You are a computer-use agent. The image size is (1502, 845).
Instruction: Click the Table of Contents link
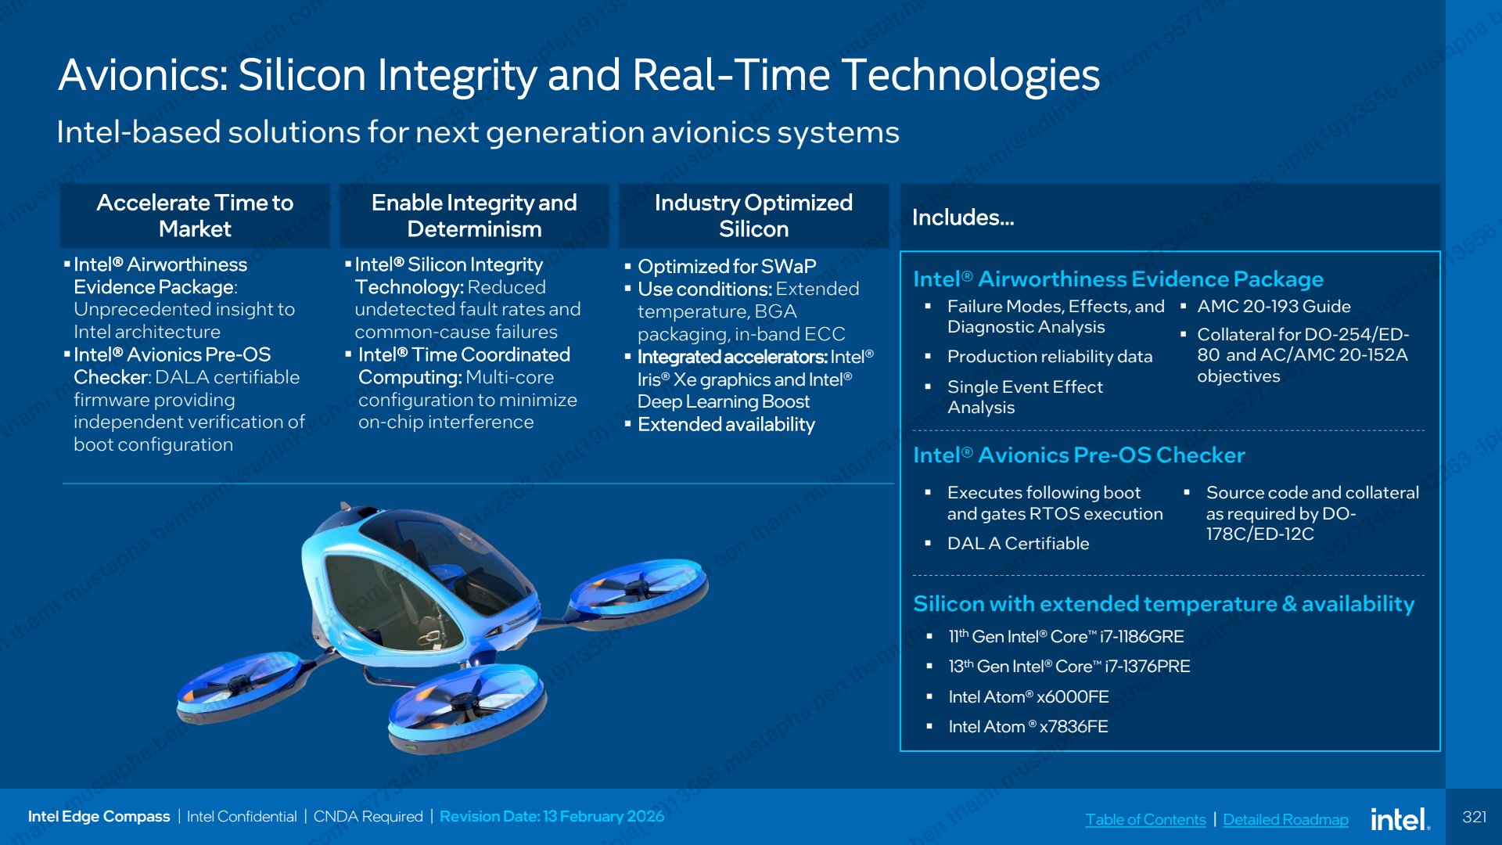1145,819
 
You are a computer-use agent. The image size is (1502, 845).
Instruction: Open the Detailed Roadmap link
1285,819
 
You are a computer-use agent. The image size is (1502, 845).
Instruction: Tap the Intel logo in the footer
1400,818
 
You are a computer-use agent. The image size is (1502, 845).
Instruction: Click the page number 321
1475,817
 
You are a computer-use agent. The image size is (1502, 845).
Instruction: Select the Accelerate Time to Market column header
195,216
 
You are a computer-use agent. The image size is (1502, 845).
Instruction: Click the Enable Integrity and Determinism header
474,216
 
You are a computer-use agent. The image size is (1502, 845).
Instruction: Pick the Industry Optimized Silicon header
753,216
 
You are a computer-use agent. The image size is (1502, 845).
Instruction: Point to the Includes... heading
963,218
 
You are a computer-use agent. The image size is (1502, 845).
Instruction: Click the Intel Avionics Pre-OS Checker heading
1079,455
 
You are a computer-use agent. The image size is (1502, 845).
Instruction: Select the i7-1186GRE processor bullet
1065,637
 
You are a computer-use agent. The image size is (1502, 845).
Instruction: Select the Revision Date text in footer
552,817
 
